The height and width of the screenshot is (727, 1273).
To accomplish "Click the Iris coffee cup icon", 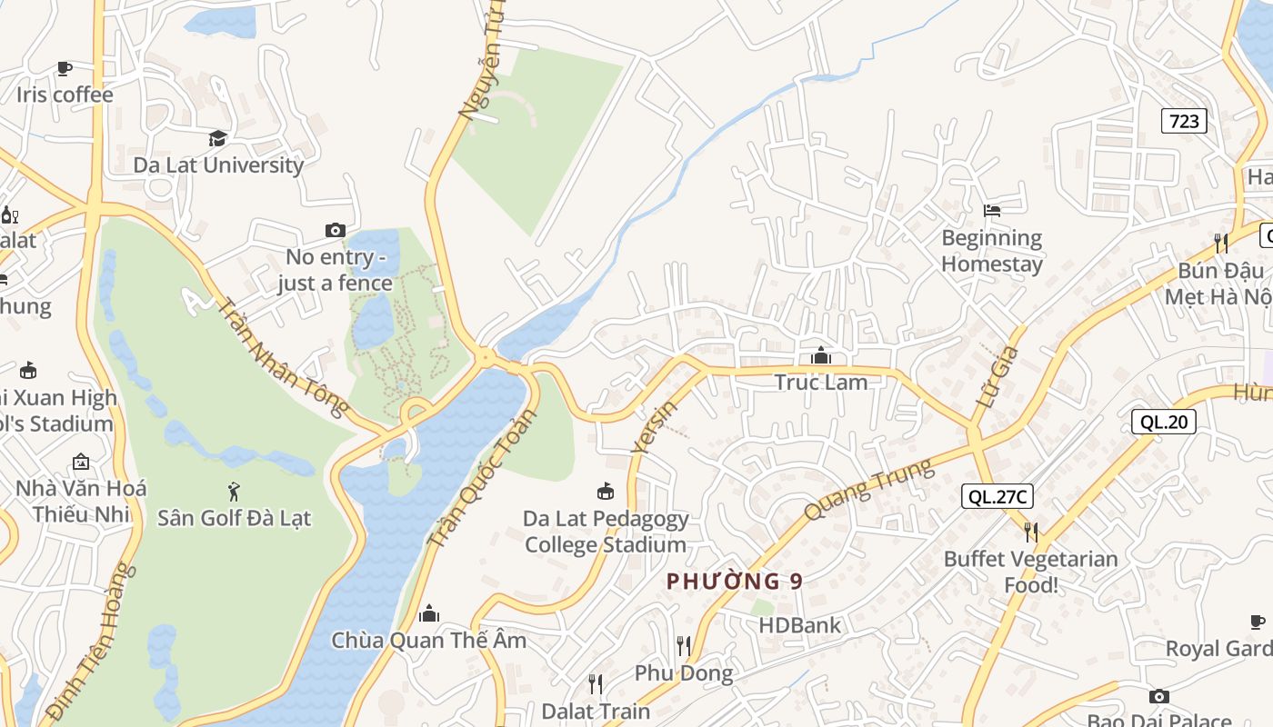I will [64, 68].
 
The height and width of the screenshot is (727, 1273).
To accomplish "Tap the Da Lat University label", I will [218, 164].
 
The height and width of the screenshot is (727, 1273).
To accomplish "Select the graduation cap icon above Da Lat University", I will [217, 138].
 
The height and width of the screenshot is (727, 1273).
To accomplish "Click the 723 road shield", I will [1184, 121].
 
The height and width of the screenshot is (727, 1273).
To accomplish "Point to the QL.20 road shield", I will [1163, 421].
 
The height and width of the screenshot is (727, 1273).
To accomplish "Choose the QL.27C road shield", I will [997, 496].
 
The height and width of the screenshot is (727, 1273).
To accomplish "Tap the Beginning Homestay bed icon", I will [992, 211].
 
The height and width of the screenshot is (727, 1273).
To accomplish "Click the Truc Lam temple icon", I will [821, 355].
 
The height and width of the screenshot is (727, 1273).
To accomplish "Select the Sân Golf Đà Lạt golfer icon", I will [234, 492].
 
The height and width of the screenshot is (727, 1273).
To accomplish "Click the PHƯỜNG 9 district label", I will [735, 582].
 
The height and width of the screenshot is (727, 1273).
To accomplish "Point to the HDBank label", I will [800, 625].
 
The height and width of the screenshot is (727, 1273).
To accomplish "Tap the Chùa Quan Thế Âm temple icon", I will [429, 613].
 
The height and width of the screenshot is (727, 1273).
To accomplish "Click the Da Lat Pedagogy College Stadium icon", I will [605, 492].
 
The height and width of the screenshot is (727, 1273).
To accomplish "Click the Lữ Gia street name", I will [993, 381].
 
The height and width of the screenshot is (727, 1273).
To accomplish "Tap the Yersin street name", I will [654, 425].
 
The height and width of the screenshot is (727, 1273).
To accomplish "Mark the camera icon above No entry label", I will [336, 231].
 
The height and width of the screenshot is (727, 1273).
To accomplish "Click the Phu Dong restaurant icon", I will [684, 646].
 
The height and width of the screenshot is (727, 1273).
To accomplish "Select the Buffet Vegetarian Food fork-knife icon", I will [1030, 532].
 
